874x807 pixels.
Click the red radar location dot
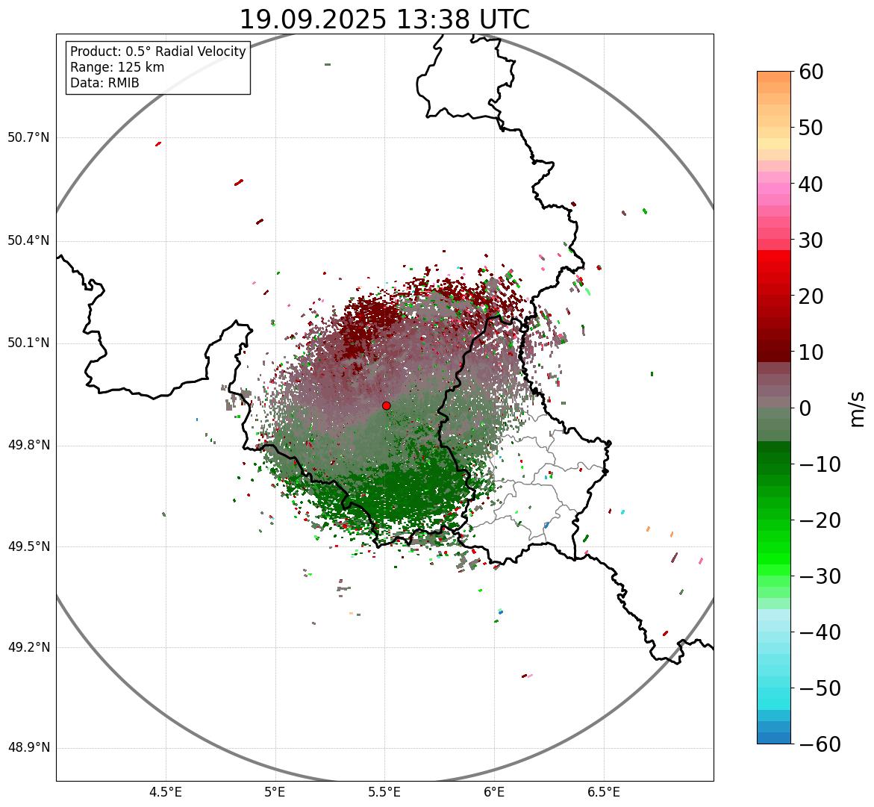click(386, 405)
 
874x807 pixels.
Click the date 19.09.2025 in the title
click(313, 20)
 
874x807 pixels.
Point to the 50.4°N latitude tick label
click(28, 240)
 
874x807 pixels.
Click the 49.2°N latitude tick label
click(28, 647)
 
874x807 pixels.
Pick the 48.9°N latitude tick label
click(28, 748)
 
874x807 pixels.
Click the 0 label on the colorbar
click(805, 408)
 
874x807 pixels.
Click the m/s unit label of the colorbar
click(857, 408)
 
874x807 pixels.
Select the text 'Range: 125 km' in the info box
click(117, 67)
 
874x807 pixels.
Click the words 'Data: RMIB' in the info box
click(104, 83)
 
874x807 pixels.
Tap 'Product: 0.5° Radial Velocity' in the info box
click(157, 52)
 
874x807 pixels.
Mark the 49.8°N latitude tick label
click(28, 446)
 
